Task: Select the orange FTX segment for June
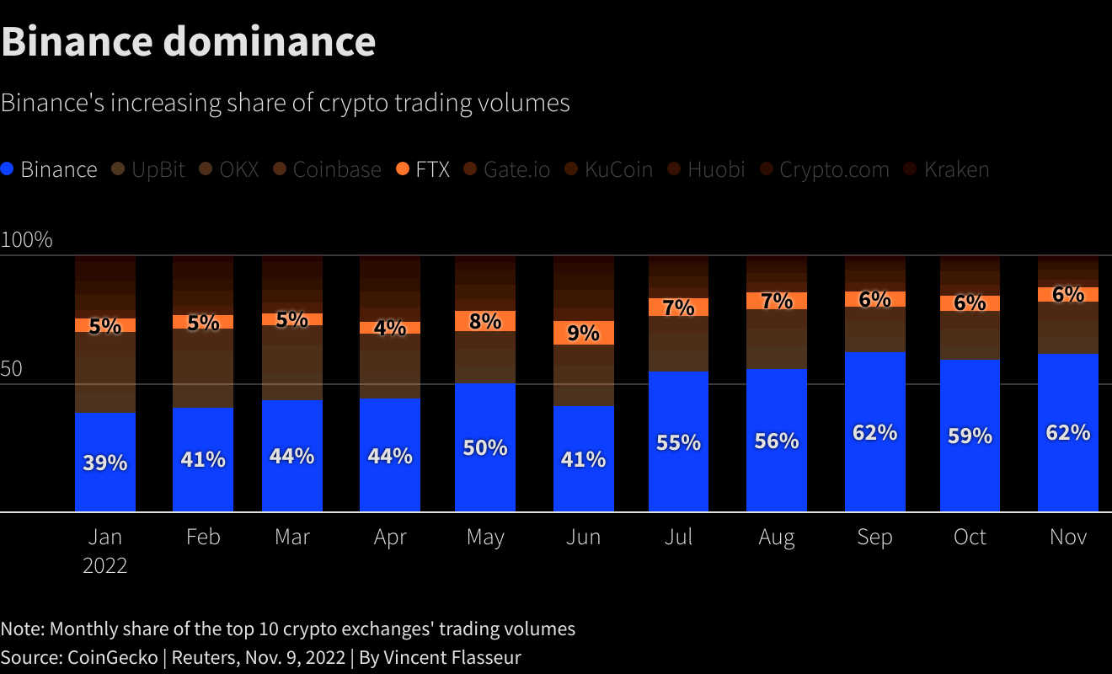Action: point(583,333)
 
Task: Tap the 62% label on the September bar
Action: point(874,432)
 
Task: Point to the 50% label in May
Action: point(485,447)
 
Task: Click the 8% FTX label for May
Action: point(485,321)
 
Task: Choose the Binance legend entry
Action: point(51,169)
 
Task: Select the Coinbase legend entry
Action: point(328,169)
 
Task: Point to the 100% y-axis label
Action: point(27,240)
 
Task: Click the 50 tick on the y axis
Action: point(13,369)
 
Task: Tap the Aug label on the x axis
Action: point(776,537)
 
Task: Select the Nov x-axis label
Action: point(1068,537)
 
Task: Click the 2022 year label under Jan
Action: point(105,565)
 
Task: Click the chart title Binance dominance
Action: point(189,41)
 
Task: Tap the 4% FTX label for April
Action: point(390,328)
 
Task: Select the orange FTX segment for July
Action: point(678,307)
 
